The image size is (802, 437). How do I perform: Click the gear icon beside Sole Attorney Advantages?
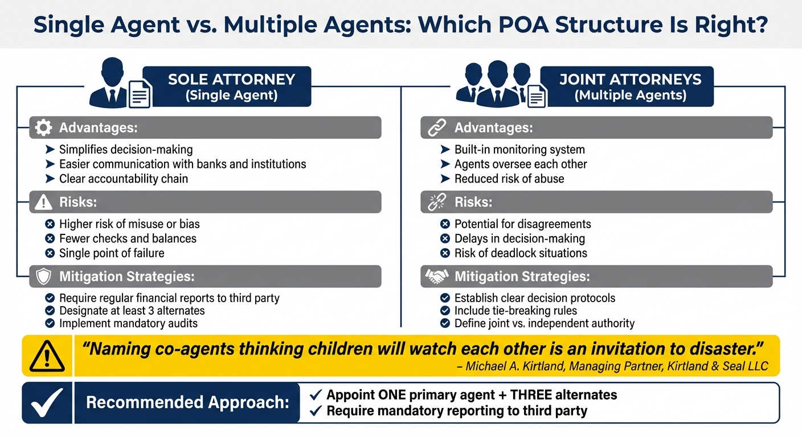pos(43,127)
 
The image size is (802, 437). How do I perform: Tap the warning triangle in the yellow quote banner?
pos(47,356)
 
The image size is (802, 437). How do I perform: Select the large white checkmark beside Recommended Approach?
pos(47,403)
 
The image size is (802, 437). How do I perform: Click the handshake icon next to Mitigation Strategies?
pos(436,277)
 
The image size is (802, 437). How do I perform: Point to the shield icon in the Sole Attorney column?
pos(43,277)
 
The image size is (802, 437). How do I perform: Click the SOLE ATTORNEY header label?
pos(231,80)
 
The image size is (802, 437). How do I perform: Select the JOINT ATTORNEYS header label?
pos(629,80)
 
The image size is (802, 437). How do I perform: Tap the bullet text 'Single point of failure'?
pos(112,253)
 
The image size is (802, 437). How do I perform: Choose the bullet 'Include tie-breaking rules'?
pos(515,311)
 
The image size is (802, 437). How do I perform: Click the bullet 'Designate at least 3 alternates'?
pos(132,311)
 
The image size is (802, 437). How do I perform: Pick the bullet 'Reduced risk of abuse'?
pos(509,179)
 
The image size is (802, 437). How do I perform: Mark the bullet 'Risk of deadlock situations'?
pos(521,253)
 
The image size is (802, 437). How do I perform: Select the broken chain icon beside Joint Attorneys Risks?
pos(436,202)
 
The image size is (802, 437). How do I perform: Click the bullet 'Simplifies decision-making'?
pos(126,150)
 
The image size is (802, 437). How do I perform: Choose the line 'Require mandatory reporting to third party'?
pos(456,411)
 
